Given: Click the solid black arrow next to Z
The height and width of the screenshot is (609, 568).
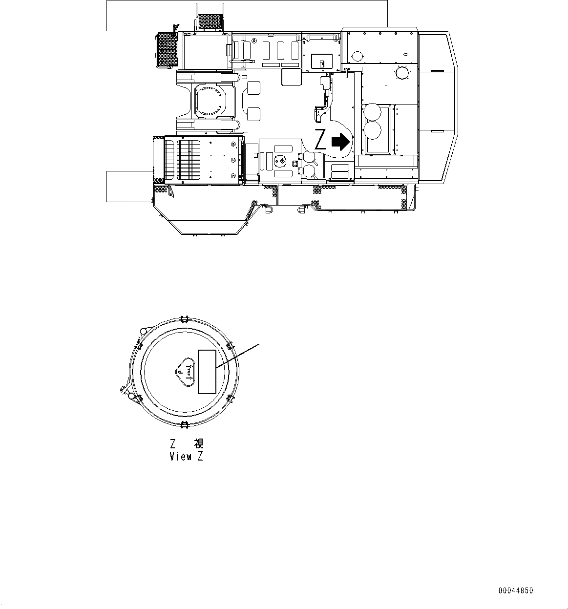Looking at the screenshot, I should [x=340, y=141].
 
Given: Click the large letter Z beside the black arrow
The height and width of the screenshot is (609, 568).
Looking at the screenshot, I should [x=320, y=140].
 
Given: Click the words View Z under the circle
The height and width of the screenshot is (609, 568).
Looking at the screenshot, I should [x=186, y=457].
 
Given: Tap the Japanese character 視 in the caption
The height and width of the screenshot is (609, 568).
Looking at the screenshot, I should [x=198, y=443].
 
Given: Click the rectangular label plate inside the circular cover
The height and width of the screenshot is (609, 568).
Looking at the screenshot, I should [x=207, y=372].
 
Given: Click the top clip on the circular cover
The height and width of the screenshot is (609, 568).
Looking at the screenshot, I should [x=184, y=319].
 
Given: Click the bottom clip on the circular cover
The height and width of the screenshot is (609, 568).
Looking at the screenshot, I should [x=184, y=424].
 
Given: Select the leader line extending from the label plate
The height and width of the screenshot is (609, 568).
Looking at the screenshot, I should [x=238, y=355].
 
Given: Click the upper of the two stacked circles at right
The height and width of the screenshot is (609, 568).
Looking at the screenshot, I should [x=373, y=113].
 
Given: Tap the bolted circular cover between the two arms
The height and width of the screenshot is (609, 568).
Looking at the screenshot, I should [x=210, y=101].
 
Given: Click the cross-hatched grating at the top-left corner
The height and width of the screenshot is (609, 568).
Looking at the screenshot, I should [x=166, y=50].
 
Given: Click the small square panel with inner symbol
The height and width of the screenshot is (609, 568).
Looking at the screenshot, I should [x=322, y=61].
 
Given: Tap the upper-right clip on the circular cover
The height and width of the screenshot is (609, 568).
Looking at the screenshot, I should [x=231, y=346].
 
